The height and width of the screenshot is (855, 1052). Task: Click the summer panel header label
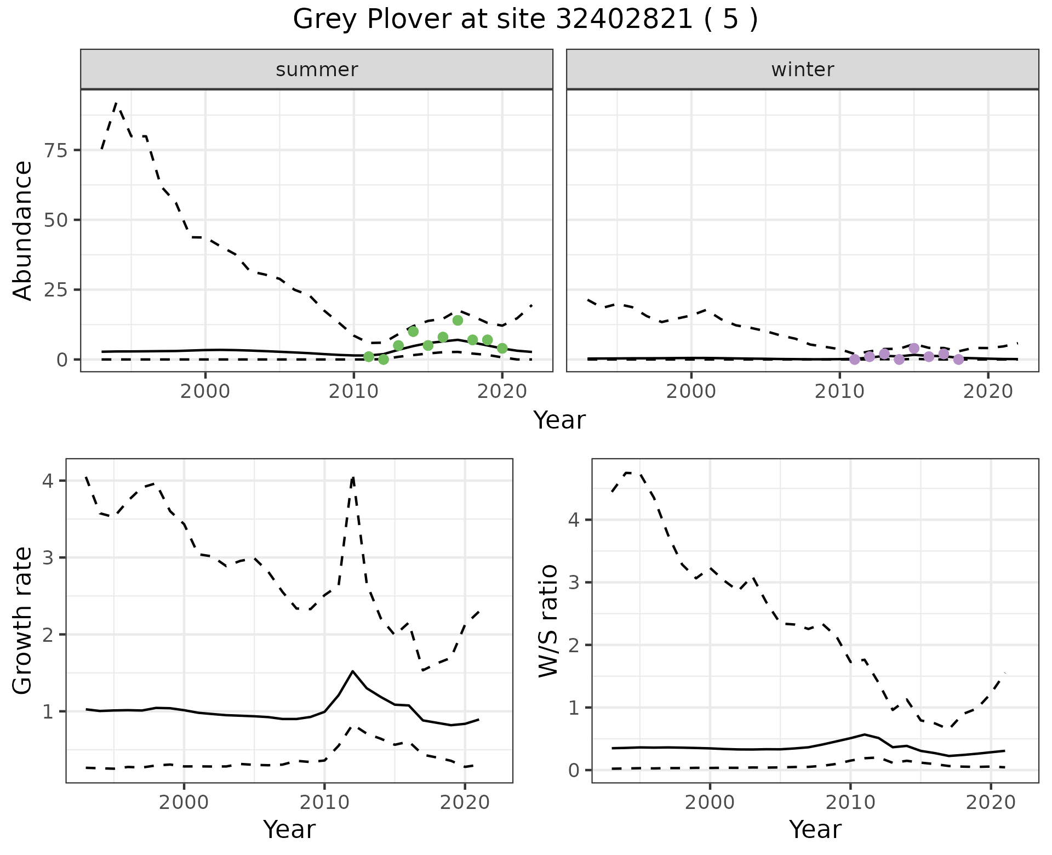coord(316,70)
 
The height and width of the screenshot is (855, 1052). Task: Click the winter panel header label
coord(802,70)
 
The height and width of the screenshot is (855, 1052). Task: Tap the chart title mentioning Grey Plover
coord(525,20)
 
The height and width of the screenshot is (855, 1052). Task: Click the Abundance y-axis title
coord(23,231)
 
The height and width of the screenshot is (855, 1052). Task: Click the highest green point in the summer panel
coord(458,320)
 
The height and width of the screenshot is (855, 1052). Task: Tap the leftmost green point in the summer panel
coord(369,357)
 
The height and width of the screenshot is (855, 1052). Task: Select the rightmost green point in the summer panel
coord(502,348)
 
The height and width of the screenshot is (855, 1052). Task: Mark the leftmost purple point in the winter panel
coord(855,360)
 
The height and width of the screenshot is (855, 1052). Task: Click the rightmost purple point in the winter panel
coord(958,360)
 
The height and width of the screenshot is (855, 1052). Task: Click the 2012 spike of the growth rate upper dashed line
coord(353,478)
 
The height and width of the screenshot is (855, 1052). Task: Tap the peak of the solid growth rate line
coord(352,671)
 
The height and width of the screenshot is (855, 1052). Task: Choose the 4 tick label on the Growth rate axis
coord(48,481)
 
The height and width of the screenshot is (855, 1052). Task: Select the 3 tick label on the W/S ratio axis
coord(574,582)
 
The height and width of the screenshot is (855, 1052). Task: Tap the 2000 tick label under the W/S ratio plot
coord(710,803)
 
